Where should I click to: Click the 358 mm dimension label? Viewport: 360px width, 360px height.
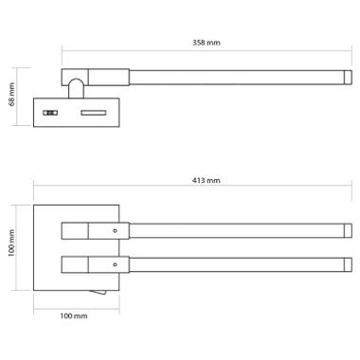[207, 43]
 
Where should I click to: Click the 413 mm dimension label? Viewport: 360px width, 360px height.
[207, 181]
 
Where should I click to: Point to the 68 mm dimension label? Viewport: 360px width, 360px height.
[11, 95]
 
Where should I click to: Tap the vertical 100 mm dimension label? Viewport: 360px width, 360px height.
[11, 243]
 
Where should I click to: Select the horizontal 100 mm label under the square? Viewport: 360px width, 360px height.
[74, 315]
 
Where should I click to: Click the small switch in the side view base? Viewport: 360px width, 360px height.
[50, 113]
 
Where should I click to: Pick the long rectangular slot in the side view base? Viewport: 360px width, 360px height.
[94, 113]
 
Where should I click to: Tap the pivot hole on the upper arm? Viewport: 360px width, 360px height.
[115, 231]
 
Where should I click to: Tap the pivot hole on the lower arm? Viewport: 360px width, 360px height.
[115, 264]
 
